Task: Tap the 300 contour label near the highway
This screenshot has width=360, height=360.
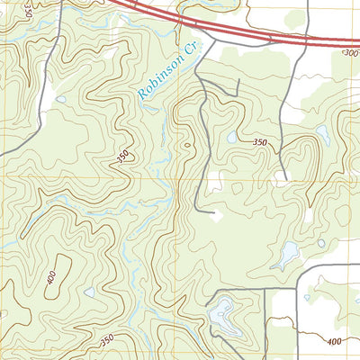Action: pyautogui.click(x=350, y=54)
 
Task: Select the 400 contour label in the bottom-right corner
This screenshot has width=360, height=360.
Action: pyautogui.click(x=335, y=341)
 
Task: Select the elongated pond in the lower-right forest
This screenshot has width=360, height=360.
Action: pyautogui.click(x=287, y=256)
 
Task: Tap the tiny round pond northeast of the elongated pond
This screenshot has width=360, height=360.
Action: pyautogui.click(x=321, y=242)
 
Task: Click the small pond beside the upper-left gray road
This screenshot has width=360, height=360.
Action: pyautogui.click(x=60, y=98)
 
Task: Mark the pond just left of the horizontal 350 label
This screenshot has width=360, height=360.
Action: pyautogui.click(x=232, y=138)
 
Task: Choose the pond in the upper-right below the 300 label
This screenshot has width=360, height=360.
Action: pyautogui.click(x=322, y=133)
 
